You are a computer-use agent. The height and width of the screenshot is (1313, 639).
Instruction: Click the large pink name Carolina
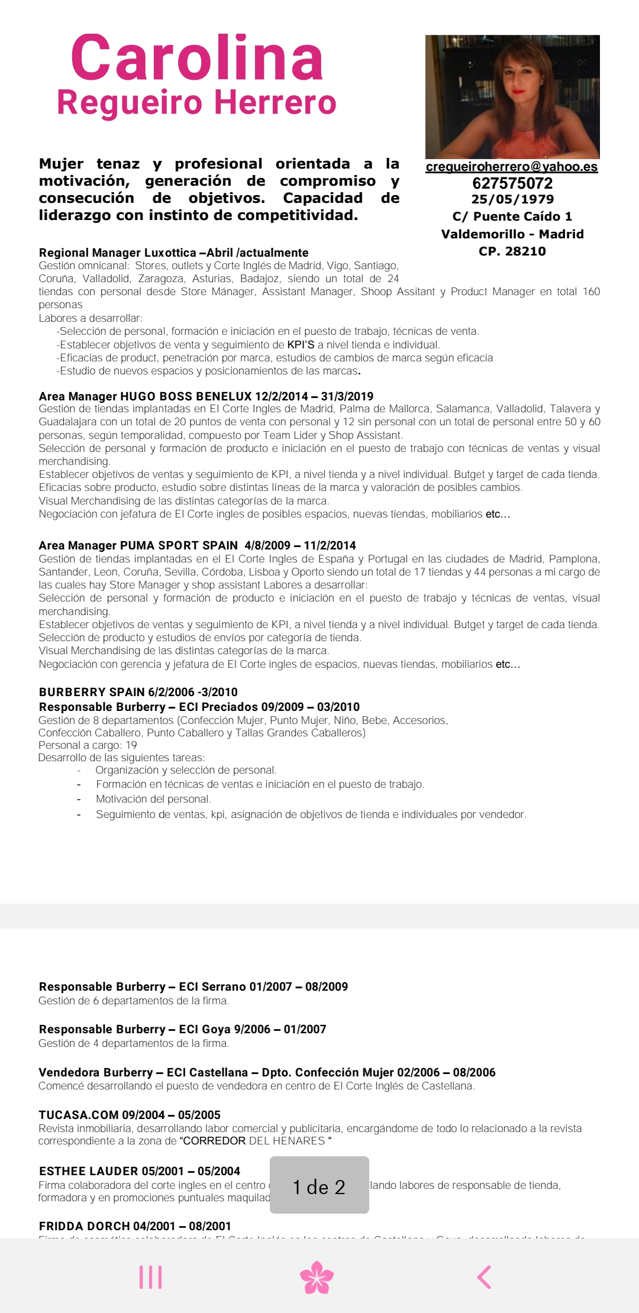coord(197,58)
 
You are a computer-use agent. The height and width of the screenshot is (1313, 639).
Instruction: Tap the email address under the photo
coord(512,167)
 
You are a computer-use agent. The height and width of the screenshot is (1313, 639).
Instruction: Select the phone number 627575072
coord(512,183)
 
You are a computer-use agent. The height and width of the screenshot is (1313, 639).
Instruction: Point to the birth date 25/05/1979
coord(512,199)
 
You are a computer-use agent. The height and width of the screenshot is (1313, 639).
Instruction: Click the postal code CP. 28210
coord(512,251)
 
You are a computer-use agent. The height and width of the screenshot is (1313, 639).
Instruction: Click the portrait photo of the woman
coord(512,96)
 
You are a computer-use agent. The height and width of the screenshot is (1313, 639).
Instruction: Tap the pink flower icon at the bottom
coord(317,1278)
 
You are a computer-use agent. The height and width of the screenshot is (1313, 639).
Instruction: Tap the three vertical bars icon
coord(151,1278)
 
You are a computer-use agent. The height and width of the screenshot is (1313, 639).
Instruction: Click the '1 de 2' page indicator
coord(319,1187)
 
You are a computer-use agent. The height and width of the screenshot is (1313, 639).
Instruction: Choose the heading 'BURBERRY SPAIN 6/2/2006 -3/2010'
coord(138,692)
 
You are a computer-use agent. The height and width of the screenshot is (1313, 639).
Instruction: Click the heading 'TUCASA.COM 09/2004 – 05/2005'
coord(130,1115)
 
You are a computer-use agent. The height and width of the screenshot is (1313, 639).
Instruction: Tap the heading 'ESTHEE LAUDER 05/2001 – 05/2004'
coord(140,1171)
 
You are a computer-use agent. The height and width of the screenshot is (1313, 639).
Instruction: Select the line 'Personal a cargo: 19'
coord(88,745)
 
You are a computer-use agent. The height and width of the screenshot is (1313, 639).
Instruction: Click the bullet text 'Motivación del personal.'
coord(153,799)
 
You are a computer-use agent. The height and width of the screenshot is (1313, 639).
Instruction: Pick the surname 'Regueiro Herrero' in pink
coord(196,102)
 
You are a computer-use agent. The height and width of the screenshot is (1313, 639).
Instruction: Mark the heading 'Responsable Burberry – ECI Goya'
coord(182,1029)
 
